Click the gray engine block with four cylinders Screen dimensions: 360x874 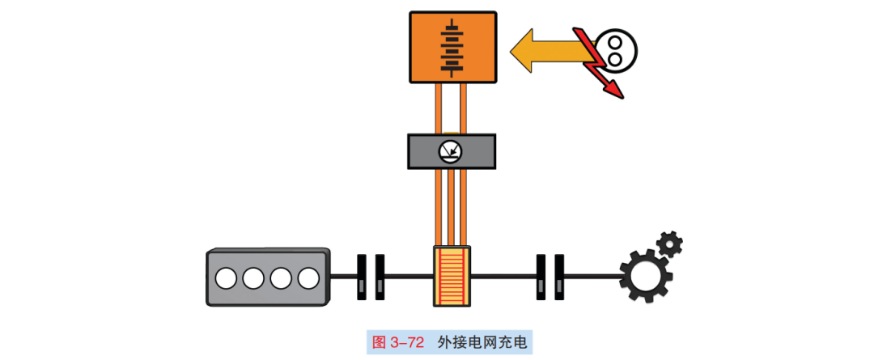(x=268, y=277)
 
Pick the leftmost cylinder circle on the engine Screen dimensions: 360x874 (x=226, y=278)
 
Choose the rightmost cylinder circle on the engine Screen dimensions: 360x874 (x=308, y=278)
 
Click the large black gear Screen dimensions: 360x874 (x=646, y=274)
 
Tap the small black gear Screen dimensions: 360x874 (x=669, y=243)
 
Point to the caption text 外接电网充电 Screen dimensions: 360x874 (x=482, y=341)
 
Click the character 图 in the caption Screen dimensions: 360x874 (x=379, y=341)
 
